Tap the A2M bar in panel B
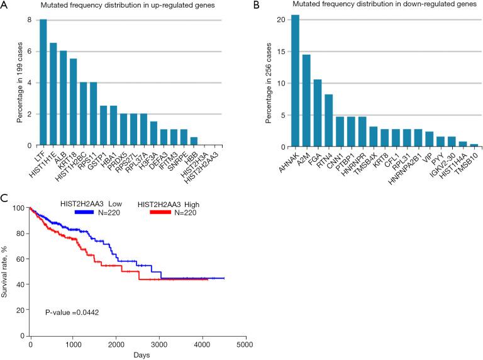306,101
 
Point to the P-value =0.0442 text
72,311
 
